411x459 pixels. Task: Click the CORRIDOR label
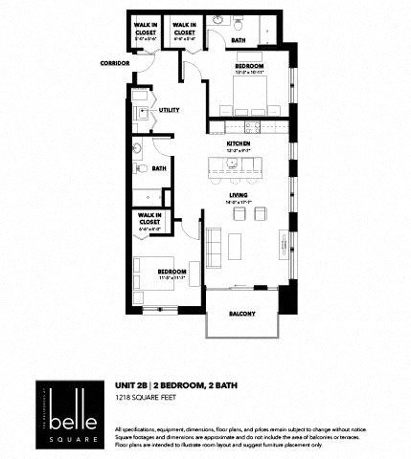(x=113, y=64)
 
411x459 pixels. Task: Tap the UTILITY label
(x=170, y=110)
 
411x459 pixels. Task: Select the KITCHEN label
(x=239, y=143)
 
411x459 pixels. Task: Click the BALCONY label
(x=241, y=313)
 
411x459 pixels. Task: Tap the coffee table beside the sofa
(x=237, y=249)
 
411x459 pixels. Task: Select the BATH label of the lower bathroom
(x=158, y=168)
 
